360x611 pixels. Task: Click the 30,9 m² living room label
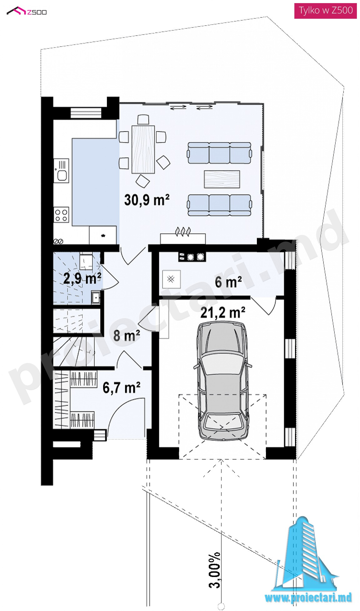147,200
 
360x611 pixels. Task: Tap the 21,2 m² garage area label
223,313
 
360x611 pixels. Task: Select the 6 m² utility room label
228,282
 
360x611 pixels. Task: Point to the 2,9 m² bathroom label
82,278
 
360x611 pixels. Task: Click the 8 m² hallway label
127,335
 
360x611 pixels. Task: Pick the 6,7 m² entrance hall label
122,388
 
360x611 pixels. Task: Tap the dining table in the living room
143,149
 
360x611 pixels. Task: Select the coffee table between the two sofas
222,179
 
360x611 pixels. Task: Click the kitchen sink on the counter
61,171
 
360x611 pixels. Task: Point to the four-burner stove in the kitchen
61,215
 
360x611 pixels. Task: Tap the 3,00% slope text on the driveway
215,570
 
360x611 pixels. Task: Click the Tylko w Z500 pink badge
325,11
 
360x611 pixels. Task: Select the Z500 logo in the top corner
27,12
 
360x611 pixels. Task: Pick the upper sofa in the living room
219,153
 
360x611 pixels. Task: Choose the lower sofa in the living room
219,205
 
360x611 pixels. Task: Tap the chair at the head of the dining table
143,120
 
